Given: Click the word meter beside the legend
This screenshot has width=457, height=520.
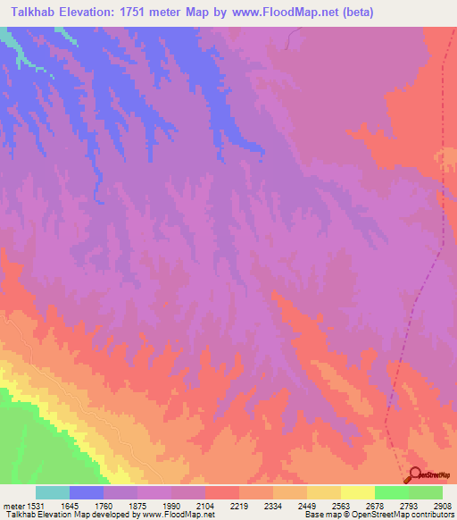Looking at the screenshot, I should [13, 506].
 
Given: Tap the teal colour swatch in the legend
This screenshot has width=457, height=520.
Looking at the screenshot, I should [53, 492].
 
